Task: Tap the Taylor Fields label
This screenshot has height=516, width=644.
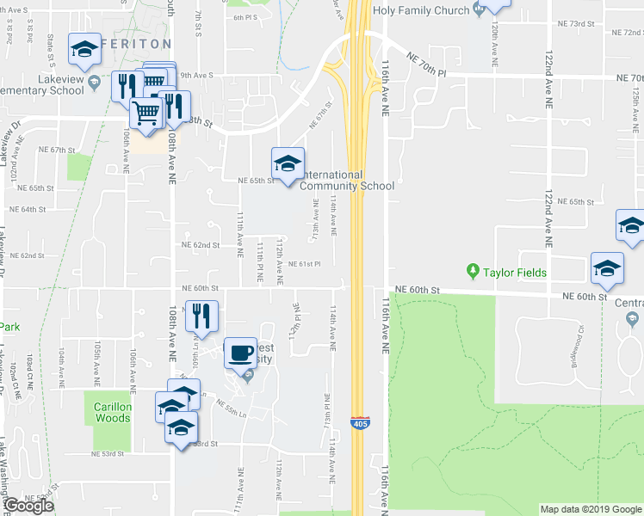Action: coord(514,273)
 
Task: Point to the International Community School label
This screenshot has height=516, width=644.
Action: coord(346,181)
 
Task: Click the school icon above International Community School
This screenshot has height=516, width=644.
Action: coord(288,162)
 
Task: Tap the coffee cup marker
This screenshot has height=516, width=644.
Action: coord(240,352)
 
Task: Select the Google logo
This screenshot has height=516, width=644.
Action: coord(28,505)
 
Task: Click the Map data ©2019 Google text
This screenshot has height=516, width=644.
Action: coord(590,509)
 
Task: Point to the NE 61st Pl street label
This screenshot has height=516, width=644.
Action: coord(304,264)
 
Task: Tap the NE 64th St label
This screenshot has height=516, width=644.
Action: coord(28,209)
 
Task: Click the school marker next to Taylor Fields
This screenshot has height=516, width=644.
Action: coord(607,268)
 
